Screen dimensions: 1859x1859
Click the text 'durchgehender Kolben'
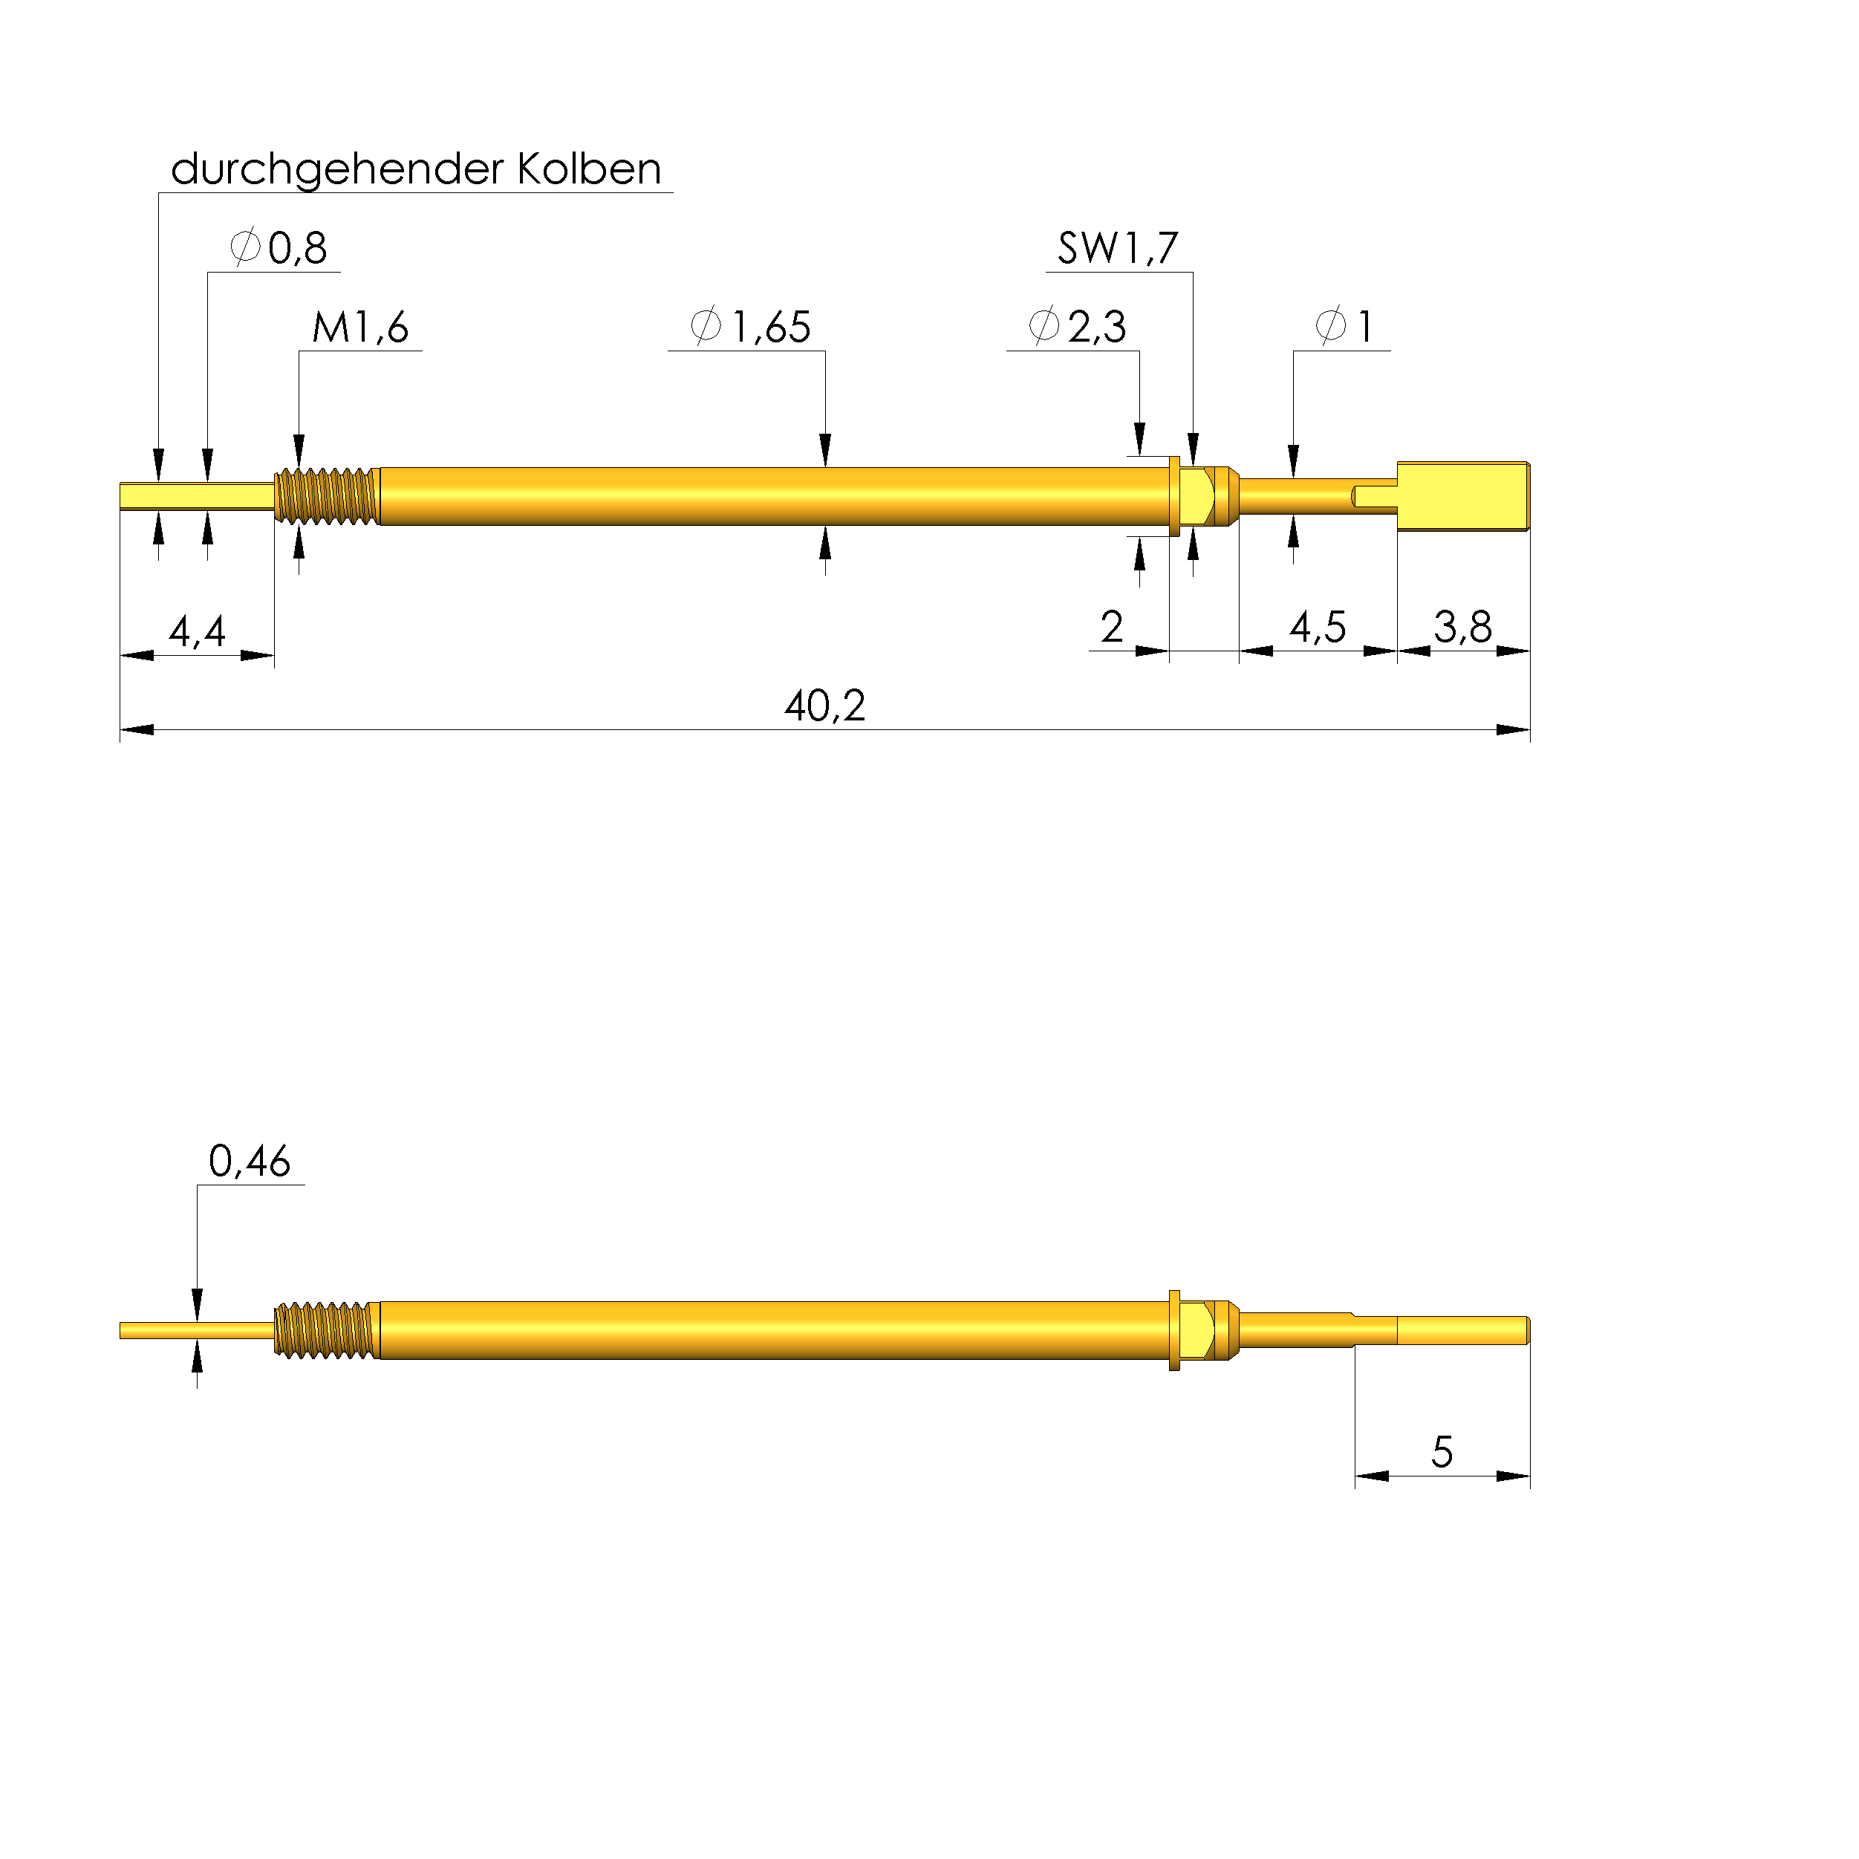tap(416, 170)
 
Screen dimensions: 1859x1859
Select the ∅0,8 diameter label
tap(279, 247)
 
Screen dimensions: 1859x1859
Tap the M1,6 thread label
tap(361, 327)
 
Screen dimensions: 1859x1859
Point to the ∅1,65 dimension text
tap(751, 326)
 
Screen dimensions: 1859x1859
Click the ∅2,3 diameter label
tap(1077, 326)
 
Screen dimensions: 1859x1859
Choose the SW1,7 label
tap(1118, 248)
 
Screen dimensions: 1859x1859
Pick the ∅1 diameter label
tap(1344, 326)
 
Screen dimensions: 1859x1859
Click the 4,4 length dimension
tap(198, 631)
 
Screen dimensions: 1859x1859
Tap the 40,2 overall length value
tap(824, 706)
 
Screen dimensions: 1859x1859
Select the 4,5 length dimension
tap(1318, 628)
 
